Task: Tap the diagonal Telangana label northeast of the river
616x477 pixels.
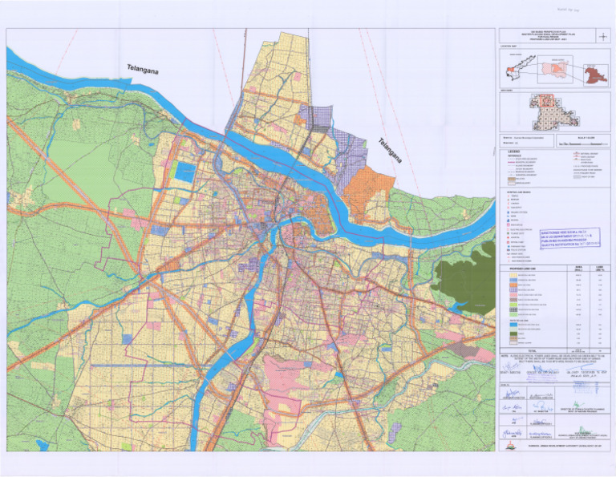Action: pos(393,155)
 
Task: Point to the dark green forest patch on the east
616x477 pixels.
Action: pos(464,273)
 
